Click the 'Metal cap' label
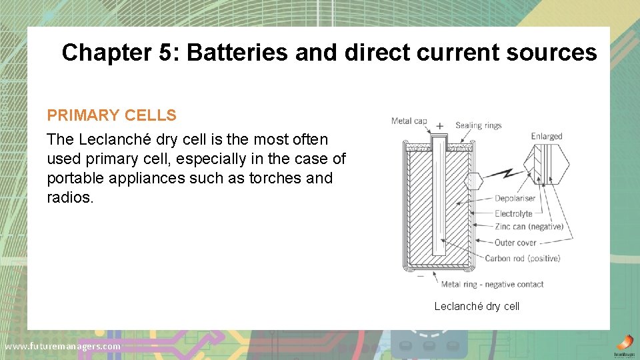[409, 121]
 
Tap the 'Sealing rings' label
[478, 125]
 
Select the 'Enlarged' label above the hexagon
[547, 137]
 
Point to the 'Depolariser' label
[515, 198]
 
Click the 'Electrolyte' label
[513, 213]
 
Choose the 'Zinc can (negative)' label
[529, 226]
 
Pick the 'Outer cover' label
[515, 243]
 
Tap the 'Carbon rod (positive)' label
[523, 258]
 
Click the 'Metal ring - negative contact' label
[492, 284]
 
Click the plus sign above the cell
[439, 125]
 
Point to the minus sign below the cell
[420, 274]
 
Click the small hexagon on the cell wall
[473, 181]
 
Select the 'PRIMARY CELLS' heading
[111, 115]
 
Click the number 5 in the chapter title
[165, 53]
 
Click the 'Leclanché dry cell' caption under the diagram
[477, 306]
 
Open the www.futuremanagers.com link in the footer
[63, 346]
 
